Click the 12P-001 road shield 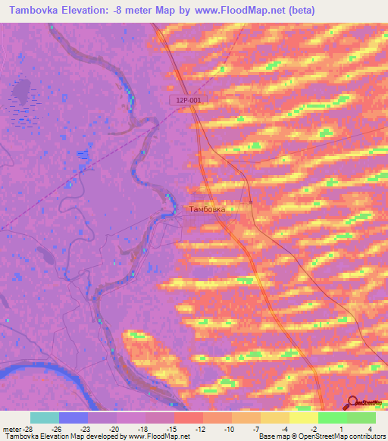pyautogui.click(x=186, y=100)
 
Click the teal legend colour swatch pyautogui.click(x=45, y=418)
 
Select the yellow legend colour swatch pyautogui.click(x=303, y=418)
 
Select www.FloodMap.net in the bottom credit pyautogui.click(x=160, y=437)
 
